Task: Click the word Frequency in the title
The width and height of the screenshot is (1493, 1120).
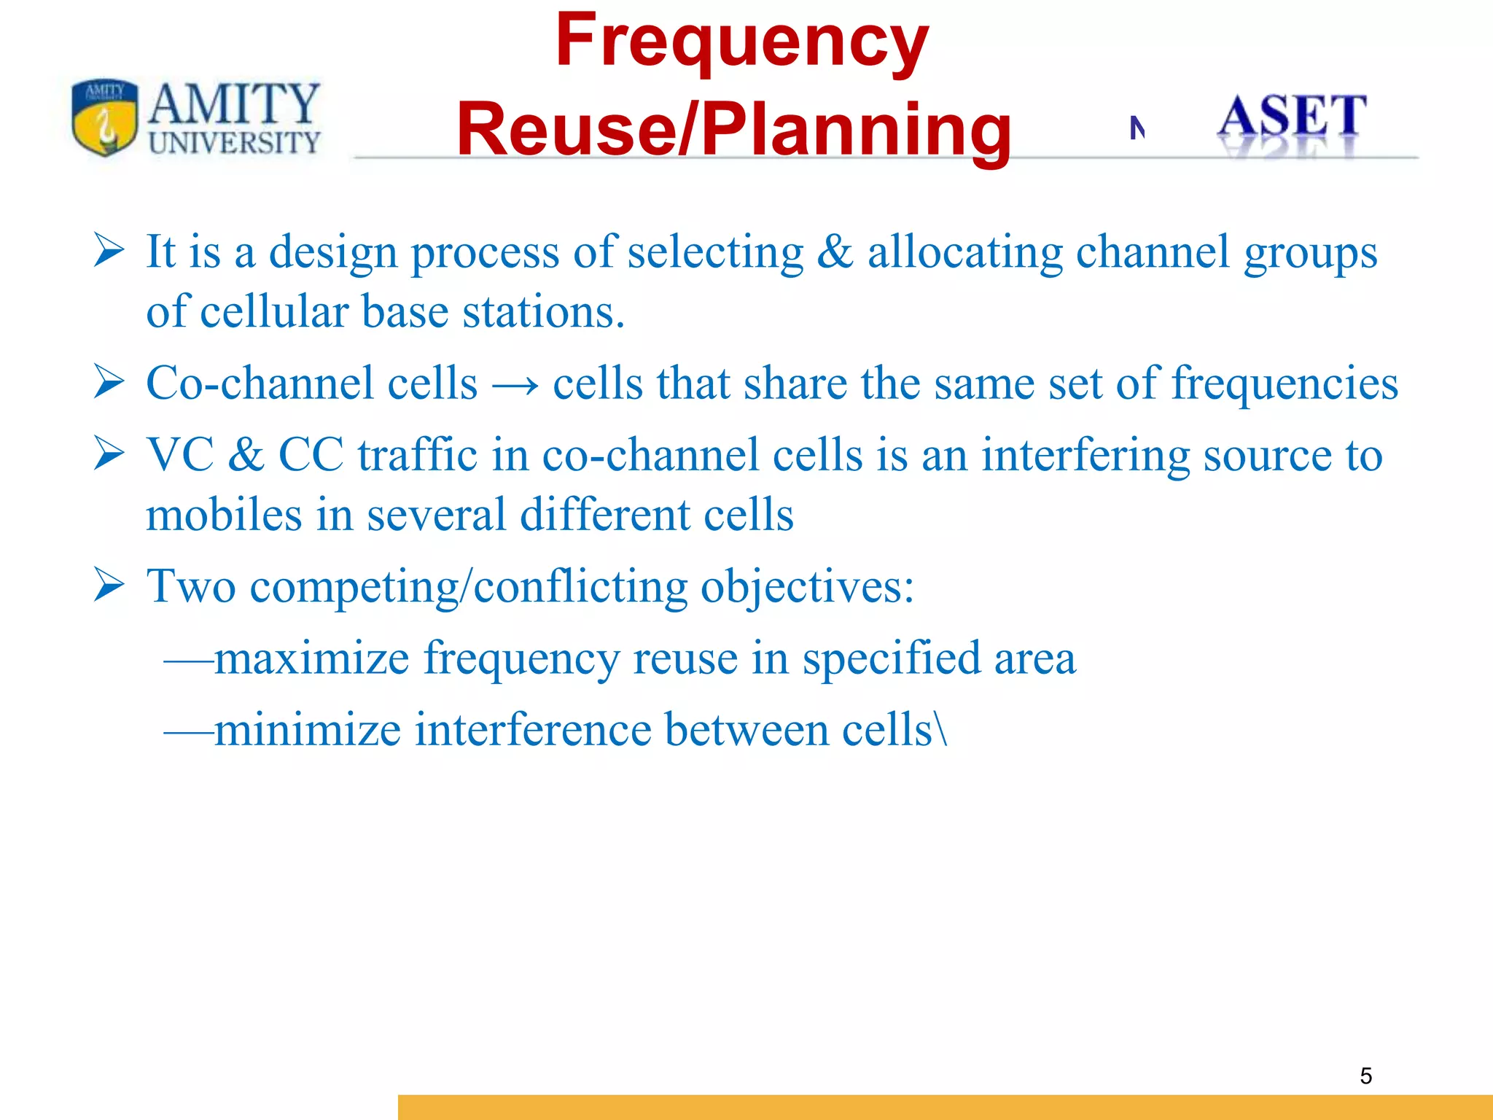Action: click(x=741, y=42)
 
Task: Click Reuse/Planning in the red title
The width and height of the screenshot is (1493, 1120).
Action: click(x=733, y=130)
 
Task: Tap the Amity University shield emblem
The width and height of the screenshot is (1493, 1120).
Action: click(x=104, y=117)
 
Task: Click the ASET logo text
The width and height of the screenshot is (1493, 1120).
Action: click(x=1292, y=117)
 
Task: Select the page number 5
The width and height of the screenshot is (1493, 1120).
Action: click(x=1365, y=1076)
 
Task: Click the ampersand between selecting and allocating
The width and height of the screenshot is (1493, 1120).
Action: click(x=835, y=252)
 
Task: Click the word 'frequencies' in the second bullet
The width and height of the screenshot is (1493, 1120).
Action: click(x=1285, y=384)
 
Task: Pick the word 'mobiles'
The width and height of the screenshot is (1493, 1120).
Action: click(x=223, y=515)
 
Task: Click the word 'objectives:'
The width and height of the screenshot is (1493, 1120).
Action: click(x=807, y=586)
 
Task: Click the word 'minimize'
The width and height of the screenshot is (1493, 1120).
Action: click(x=308, y=729)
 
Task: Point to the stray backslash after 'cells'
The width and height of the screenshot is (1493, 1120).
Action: click(x=943, y=729)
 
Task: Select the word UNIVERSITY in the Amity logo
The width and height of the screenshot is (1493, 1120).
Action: click(x=234, y=142)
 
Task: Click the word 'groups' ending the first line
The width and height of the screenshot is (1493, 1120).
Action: click(x=1310, y=253)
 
